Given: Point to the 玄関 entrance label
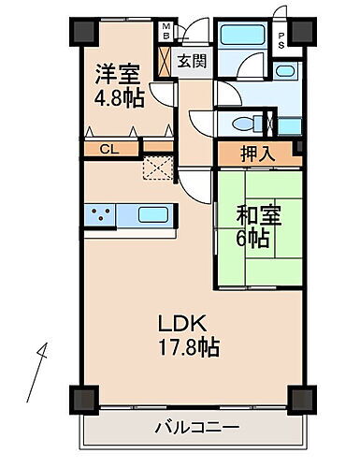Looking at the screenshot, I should pyautogui.click(x=194, y=63).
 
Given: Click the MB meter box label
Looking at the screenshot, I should pyautogui.click(x=166, y=31).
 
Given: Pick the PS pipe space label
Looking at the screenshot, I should pyautogui.click(x=281, y=38).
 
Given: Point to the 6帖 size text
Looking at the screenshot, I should pyautogui.click(x=253, y=239).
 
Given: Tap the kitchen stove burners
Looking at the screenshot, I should pyautogui.click(x=100, y=215).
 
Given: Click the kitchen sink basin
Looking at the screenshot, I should pyautogui.click(x=153, y=215).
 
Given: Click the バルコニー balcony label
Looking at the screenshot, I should pyautogui.click(x=195, y=429).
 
